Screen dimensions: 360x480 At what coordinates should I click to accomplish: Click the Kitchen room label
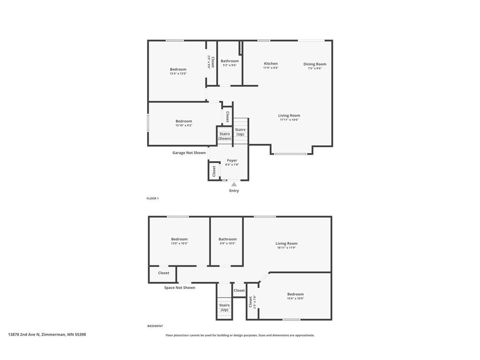(x=270, y=64)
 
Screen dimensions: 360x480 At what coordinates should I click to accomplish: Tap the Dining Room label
(x=315, y=64)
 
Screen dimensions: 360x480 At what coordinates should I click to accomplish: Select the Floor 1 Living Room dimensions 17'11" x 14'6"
(x=289, y=120)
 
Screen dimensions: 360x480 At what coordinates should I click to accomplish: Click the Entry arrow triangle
(x=234, y=184)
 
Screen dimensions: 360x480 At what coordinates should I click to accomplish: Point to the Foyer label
(x=232, y=160)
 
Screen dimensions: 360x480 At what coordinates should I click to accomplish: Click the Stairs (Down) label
(x=225, y=136)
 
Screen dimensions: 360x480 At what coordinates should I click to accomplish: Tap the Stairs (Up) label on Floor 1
(x=240, y=132)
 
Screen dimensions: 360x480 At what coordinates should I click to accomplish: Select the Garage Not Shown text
(x=189, y=153)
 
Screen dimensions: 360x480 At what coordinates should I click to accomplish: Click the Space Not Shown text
(x=180, y=288)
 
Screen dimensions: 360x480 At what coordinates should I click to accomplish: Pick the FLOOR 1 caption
(x=152, y=199)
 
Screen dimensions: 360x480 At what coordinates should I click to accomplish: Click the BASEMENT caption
(x=155, y=326)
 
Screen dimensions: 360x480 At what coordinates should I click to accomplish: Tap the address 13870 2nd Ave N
(x=47, y=335)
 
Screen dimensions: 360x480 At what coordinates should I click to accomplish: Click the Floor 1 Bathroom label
(x=230, y=61)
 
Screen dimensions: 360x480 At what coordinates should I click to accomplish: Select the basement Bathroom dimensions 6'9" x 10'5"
(x=227, y=243)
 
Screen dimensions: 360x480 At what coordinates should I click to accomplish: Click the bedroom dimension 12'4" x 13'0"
(x=178, y=74)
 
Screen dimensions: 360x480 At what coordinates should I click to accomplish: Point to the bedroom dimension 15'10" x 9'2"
(x=184, y=126)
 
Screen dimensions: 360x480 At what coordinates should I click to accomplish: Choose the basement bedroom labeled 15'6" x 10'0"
(x=295, y=296)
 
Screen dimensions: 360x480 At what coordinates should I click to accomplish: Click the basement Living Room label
(x=286, y=243)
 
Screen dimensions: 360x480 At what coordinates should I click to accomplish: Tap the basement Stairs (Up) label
(x=225, y=307)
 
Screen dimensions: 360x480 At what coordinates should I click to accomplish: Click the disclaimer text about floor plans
(x=240, y=335)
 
